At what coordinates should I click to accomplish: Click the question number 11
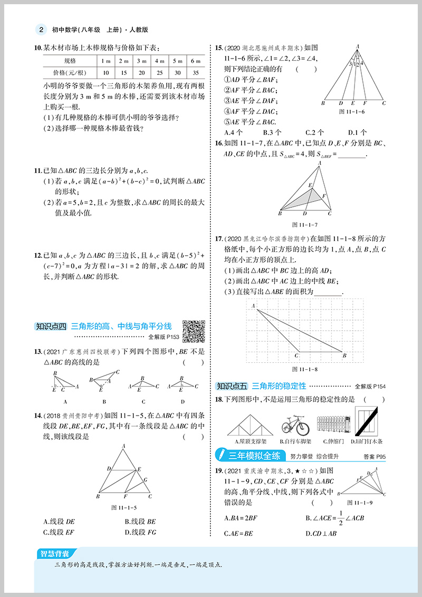[37, 170]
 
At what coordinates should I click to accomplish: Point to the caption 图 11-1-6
[353, 111]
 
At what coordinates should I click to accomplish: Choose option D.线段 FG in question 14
[141, 532]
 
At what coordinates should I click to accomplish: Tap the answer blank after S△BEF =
[351, 154]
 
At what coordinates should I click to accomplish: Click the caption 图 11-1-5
[124, 508]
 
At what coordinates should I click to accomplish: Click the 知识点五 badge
[233, 386]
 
